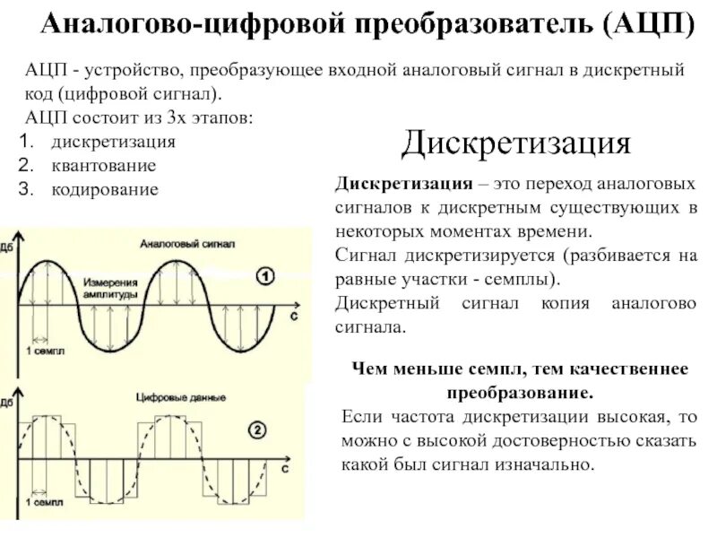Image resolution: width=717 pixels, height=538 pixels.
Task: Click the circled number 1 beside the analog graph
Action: coord(265,277)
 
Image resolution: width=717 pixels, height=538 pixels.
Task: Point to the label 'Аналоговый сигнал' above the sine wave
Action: coord(187,244)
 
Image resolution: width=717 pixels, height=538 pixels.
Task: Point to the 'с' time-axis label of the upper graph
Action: coord(294,317)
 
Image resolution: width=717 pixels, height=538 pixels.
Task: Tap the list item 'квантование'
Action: coord(104,165)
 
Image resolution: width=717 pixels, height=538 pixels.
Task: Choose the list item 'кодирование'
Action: coord(105,189)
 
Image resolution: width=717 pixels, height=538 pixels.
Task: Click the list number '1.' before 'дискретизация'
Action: coord(26,142)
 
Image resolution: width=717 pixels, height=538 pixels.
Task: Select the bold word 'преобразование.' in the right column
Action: coord(520,393)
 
